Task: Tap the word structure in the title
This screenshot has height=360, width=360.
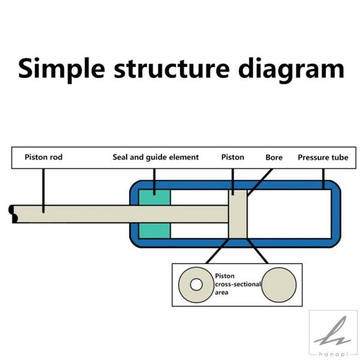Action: click(x=172, y=68)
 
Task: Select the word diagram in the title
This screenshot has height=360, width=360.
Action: click(x=291, y=70)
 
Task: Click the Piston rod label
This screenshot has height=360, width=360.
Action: click(x=43, y=157)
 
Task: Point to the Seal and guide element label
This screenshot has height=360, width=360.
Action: click(x=155, y=157)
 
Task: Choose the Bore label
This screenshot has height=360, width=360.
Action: click(x=274, y=157)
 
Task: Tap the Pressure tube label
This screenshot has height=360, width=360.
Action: click(x=323, y=157)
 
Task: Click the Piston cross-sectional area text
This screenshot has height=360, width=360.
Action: click(x=238, y=284)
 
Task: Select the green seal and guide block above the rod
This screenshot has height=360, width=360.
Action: click(x=155, y=197)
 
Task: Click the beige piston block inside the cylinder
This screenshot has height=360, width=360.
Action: click(x=238, y=214)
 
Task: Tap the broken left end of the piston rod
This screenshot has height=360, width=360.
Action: click(x=13, y=214)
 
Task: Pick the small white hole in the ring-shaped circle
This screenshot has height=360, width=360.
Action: click(x=196, y=284)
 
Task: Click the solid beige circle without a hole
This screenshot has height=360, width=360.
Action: click(x=279, y=284)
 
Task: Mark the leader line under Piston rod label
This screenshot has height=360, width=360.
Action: click(x=43, y=191)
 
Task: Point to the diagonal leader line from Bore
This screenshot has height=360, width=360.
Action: click(x=260, y=182)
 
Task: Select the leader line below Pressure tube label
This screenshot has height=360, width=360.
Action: click(x=323, y=179)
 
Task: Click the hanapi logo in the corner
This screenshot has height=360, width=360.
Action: click(x=333, y=334)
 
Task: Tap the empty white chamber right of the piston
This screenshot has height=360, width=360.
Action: click(x=289, y=214)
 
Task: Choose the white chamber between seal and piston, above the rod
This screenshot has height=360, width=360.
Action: click(x=199, y=197)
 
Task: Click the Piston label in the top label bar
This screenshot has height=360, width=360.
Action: click(x=233, y=157)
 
